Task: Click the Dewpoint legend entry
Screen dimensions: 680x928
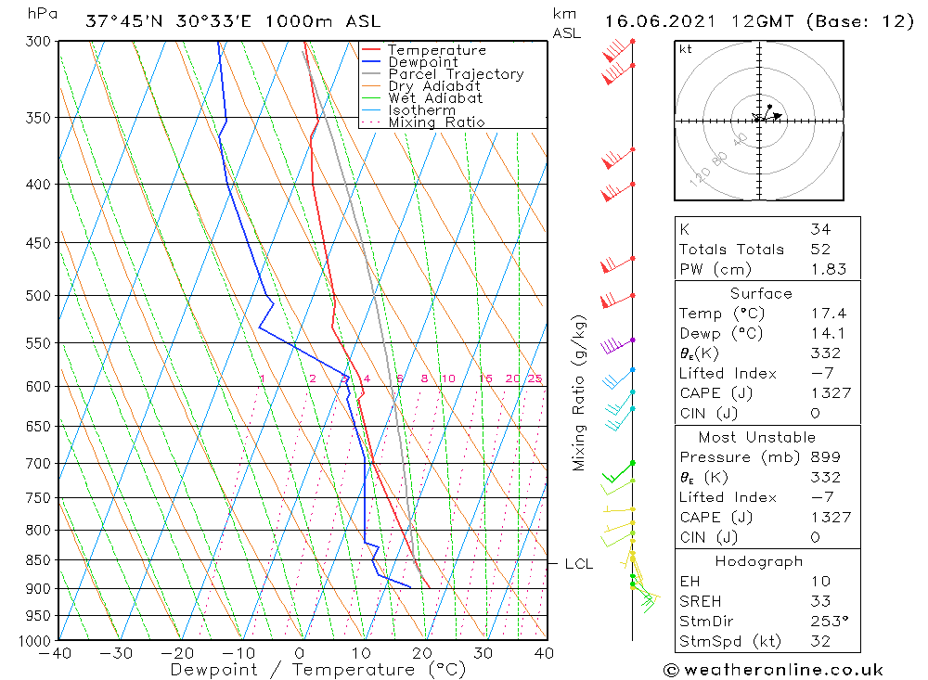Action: (422, 62)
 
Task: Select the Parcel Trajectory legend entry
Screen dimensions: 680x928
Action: (455, 74)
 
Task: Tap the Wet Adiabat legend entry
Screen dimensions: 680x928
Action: (435, 98)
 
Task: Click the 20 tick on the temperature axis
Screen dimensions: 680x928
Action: (422, 653)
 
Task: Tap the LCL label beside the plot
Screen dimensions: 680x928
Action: (578, 563)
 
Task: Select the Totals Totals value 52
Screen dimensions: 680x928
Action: (819, 249)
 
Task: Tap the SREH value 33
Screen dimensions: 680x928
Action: (819, 601)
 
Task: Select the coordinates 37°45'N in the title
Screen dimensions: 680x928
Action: (120, 21)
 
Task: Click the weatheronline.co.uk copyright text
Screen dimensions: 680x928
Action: (773, 669)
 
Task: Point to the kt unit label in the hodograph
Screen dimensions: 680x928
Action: (686, 49)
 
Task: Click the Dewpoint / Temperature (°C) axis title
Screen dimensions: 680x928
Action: (318, 669)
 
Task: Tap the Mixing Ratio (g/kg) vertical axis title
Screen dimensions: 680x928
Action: (579, 392)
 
